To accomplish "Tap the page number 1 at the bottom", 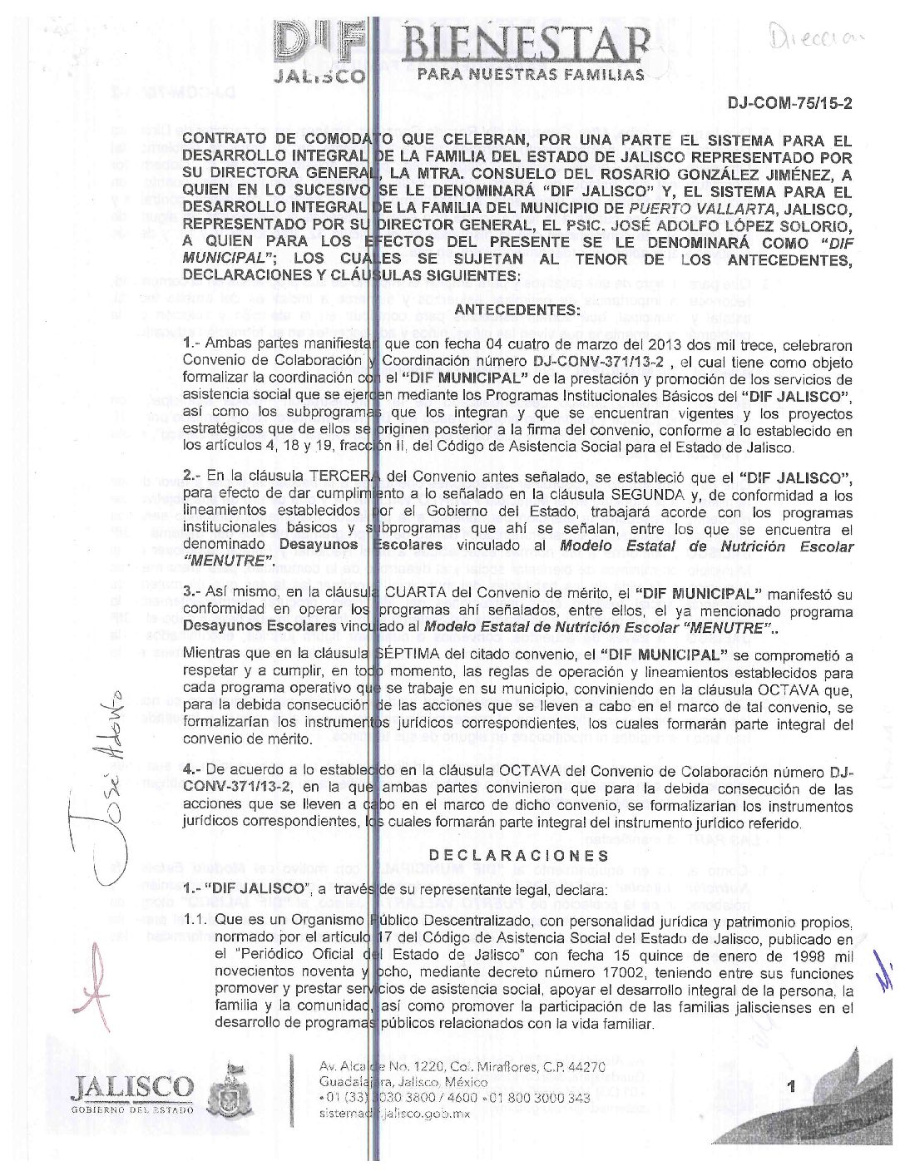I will pyautogui.click(x=791, y=1086).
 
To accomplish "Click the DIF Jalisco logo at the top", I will pyautogui.click(x=319, y=50).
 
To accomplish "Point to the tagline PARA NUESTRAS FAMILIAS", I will pyautogui.click(x=532, y=74).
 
